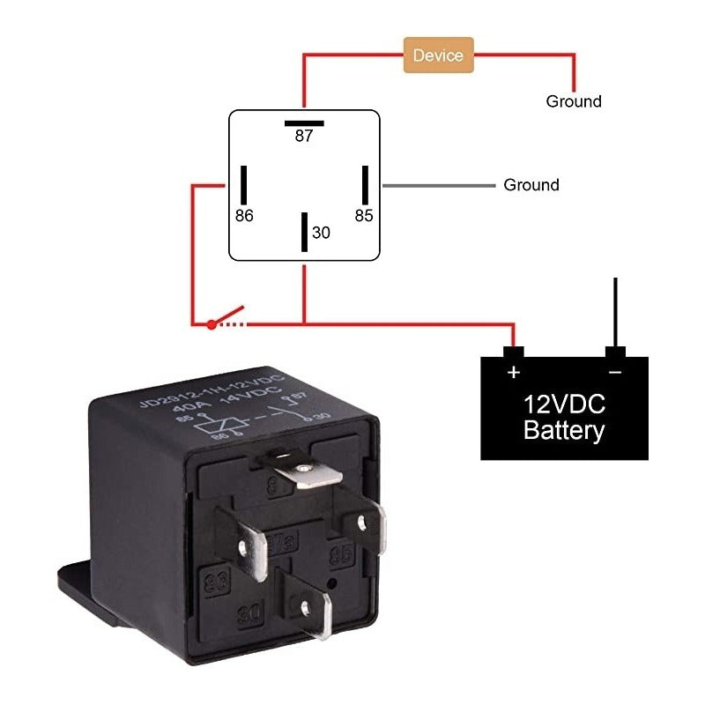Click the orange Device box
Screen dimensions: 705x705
[x=438, y=55]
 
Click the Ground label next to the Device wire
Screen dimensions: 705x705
[x=574, y=101]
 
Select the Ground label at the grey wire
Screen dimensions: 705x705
[x=531, y=185]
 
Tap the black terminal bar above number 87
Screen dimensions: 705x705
[x=304, y=122]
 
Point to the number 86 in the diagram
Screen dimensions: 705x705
[x=244, y=215]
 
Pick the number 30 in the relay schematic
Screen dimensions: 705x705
[x=322, y=233]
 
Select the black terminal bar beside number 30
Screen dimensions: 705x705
[x=305, y=232]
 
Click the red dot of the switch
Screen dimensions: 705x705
[x=211, y=324]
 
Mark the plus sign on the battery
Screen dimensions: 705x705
[x=514, y=372]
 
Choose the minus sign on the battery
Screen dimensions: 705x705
[x=615, y=372]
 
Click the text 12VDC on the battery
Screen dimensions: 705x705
[x=564, y=405]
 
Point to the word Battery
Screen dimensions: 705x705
[x=564, y=431]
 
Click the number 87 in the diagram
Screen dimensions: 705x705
[x=304, y=137]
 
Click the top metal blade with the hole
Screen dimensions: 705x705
[x=304, y=473]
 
